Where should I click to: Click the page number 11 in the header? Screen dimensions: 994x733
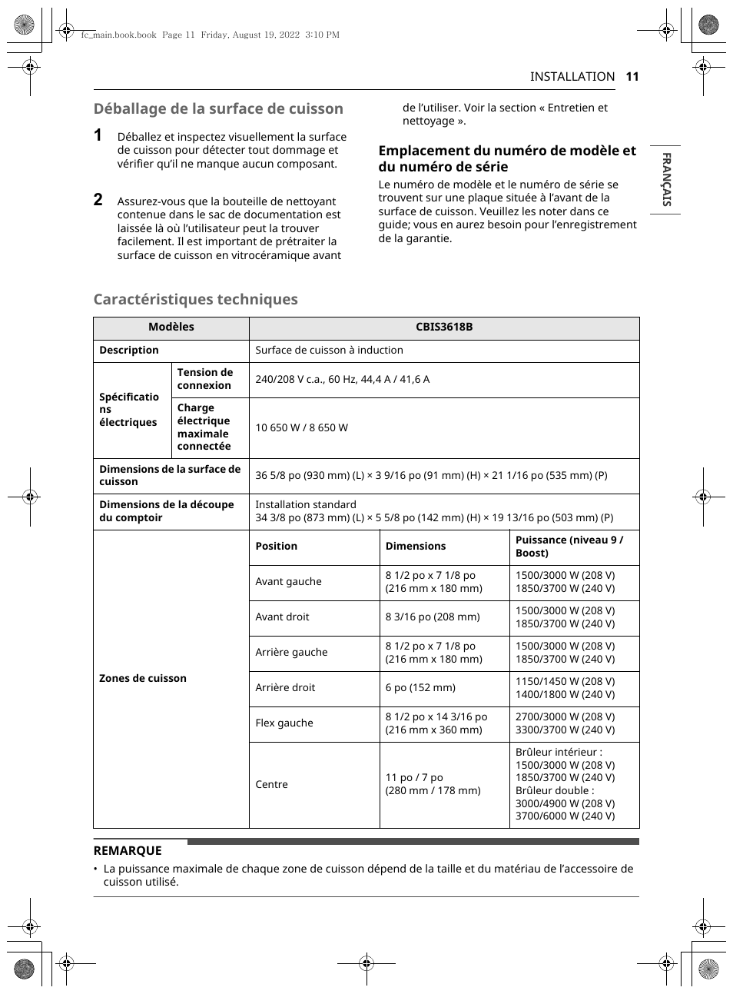[x=632, y=76]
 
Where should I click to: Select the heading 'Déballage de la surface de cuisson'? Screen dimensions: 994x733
[x=218, y=108]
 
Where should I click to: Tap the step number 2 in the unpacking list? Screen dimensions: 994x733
[x=98, y=200]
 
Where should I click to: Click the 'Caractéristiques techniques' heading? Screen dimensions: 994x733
[x=195, y=299]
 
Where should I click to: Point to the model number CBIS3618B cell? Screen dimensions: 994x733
[x=444, y=327]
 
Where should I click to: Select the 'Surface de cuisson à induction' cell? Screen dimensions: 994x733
[x=329, y=350]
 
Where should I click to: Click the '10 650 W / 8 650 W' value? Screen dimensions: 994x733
[x=301, y=427]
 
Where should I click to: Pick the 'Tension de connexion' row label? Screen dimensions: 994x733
[x=204, y=379]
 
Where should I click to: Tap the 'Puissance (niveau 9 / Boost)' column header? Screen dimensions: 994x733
[x=569, y=547]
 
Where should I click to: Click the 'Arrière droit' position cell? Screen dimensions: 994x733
[x=285, y=687]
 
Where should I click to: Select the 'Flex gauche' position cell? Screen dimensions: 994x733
[x=284, y=723]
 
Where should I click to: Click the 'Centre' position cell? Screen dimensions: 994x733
[x=271, y=784]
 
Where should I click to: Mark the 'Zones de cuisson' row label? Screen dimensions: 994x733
[x=143, y=678]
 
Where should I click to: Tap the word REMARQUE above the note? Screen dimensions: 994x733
[x=128, y=850]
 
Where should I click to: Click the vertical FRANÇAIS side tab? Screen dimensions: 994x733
[x=666, y=179]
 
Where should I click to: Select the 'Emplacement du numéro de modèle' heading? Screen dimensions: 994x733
[x=507, y=158]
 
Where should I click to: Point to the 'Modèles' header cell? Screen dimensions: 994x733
[x=171, y=327]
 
